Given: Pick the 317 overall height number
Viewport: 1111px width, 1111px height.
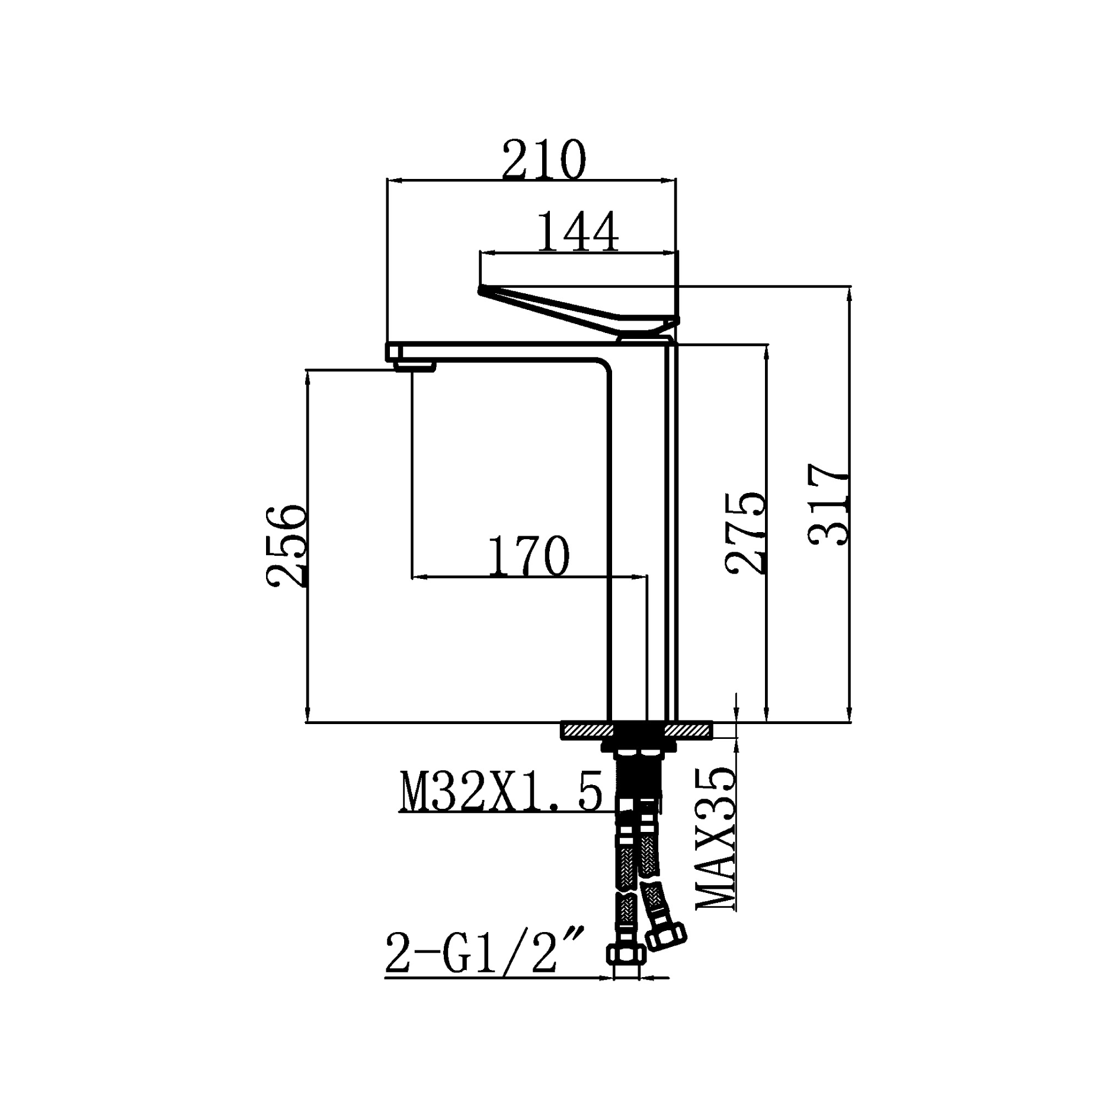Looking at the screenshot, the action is (828, 504).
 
